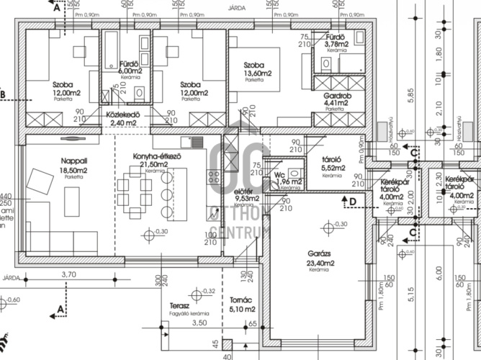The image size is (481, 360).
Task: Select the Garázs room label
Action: (x=321, y=254)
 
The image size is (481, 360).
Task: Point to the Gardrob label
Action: (x=336, y=94)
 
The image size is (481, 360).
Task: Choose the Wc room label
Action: (x=281, y=175)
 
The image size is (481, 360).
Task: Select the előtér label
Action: (x=246, y=191)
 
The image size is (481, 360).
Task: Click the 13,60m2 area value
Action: (x=257, y=73)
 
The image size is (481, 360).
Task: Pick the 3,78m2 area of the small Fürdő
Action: (x=337, y=43)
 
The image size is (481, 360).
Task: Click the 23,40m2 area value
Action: (x=321, y=264)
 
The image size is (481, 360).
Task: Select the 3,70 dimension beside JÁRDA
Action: (x=69, y=274)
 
